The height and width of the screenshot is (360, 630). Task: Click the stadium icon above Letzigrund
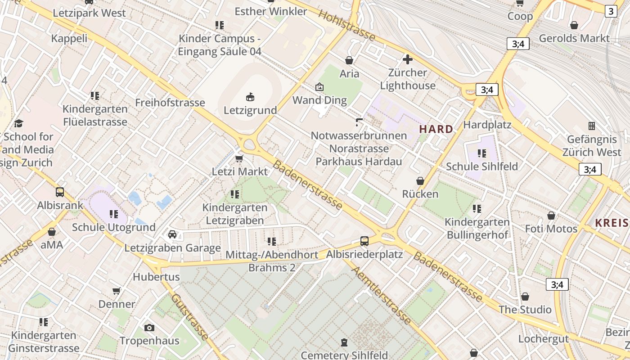click(250, 96)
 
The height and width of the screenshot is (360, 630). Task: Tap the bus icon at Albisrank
click(60, 192)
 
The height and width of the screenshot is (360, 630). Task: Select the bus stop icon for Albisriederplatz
click(364, 241)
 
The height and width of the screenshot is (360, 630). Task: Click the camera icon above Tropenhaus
click(149, 328)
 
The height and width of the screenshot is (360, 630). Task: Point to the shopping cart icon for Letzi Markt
click(239, 158)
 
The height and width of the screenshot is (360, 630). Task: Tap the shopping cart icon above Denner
click(117, 291)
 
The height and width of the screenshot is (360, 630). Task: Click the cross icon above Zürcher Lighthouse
click(408, 59)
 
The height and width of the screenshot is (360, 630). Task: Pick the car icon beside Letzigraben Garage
click(172, 234)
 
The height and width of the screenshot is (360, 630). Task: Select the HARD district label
click(436, 129)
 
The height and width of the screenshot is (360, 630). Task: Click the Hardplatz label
click(487, 124)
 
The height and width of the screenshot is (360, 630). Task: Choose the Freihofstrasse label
click(170, 103)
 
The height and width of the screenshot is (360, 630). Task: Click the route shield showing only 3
click(611, 11)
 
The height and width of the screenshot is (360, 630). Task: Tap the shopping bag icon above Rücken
click(420, 181)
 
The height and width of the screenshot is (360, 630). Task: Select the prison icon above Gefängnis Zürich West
click(591, 126)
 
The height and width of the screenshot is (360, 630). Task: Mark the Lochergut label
click(544, 338)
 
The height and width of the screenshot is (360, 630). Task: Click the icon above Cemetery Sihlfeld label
click(344, 342)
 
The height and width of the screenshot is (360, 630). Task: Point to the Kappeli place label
click(69, 38)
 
